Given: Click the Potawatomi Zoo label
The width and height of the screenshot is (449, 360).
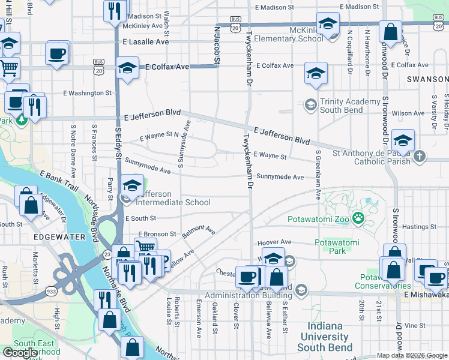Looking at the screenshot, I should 318,219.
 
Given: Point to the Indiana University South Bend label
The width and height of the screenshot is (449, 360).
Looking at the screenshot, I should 328,336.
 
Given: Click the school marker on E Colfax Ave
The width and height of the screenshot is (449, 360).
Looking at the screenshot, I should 128,68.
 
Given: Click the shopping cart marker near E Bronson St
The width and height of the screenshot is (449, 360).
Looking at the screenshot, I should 145,247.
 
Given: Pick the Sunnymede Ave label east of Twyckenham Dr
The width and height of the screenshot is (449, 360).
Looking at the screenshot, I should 280,177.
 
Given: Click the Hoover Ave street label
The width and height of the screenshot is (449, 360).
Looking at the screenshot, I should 274,242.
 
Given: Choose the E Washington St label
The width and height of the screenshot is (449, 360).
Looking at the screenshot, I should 87,93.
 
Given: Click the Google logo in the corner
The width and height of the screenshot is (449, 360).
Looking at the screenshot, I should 20,353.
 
